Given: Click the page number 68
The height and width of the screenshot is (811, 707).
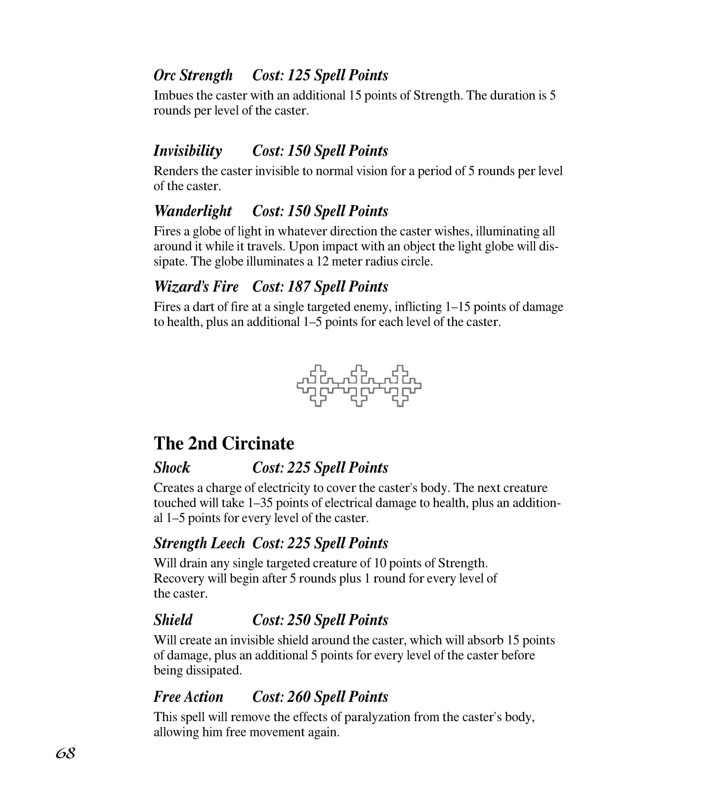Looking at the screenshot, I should point(65,753).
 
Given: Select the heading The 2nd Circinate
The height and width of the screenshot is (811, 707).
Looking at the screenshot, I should point(224,443).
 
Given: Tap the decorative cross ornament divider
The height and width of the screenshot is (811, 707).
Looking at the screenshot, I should point(359,386).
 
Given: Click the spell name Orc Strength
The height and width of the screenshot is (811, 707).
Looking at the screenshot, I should point(193,75).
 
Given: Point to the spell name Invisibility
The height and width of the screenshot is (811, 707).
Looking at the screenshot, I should point(188,151).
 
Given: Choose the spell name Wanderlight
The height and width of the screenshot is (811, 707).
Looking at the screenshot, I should point(193,211).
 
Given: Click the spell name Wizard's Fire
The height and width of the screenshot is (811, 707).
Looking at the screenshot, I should point(196,286).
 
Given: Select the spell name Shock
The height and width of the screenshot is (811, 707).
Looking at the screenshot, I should point(172,467).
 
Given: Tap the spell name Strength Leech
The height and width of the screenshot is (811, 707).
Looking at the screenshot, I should point(199,543).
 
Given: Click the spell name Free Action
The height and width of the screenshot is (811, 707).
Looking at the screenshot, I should point(188,696).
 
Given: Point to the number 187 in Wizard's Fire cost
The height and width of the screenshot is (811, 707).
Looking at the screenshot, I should point(299,286).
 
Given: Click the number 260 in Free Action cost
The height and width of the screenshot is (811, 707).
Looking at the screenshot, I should point(299,696).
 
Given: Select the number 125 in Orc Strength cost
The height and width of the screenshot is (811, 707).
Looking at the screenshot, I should point(299,75).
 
